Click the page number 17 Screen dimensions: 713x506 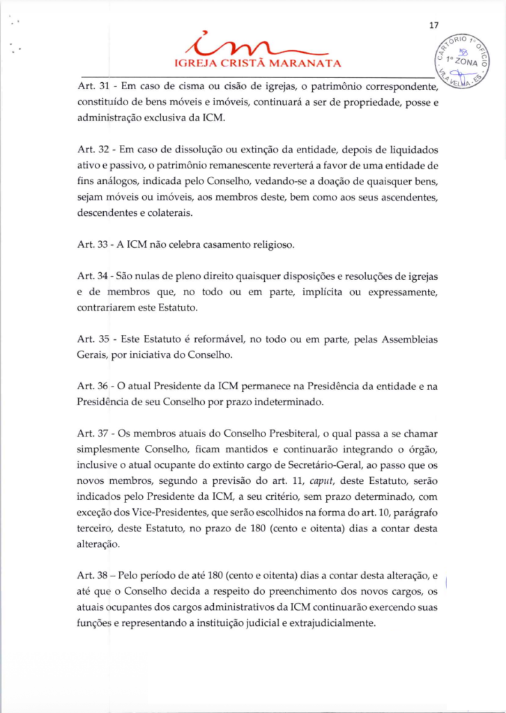[x=433, y=26]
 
